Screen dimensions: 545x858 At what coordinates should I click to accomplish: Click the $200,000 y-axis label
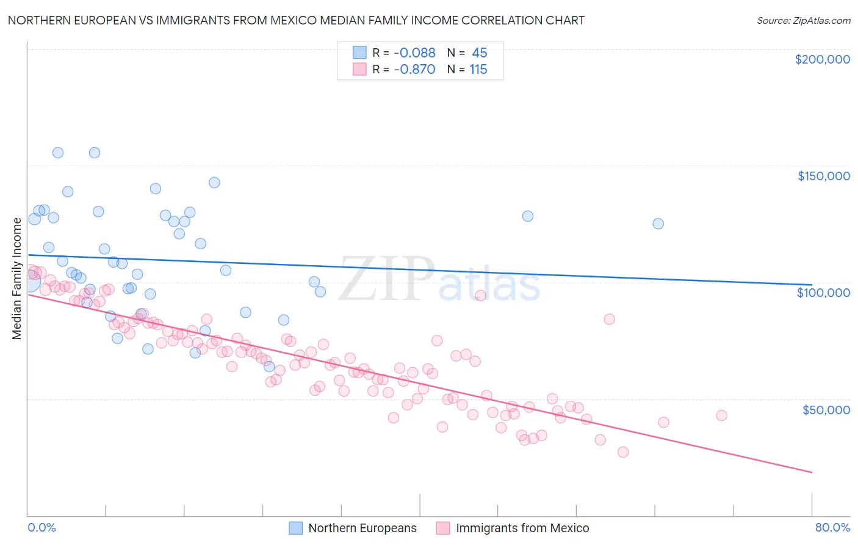[822, 59]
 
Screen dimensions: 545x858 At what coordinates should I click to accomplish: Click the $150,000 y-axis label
[823, 176]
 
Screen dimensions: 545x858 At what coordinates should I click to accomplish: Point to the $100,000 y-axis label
[823, 293]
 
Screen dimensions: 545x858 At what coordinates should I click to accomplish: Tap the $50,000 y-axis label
[826, 409]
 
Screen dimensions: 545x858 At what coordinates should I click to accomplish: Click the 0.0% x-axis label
[41, 528]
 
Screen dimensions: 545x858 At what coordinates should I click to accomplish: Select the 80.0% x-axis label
[832, 528]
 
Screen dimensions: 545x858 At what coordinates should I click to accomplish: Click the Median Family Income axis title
[17, 278]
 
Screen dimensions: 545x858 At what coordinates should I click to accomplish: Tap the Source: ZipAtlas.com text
[803, 20]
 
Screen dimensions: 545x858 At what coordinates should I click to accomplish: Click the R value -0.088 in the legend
[414, 53]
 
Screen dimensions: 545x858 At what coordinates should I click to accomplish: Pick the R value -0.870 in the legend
[414, 70]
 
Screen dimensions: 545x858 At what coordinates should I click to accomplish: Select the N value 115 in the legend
[478, 70]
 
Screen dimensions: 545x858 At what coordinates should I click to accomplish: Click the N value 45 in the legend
[479, 53]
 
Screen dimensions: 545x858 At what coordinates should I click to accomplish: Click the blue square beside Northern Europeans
[296, 528]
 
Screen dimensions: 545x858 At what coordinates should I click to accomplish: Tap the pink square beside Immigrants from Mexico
[443, 528]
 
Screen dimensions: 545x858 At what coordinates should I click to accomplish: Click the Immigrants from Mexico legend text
[522, 528]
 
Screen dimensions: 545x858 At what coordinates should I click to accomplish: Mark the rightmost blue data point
[658, 224]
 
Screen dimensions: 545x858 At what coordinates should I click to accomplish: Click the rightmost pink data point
[721, 415]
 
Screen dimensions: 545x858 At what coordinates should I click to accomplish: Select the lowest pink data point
[623, 452]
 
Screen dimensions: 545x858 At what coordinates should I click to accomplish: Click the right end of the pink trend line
[812, 472]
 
